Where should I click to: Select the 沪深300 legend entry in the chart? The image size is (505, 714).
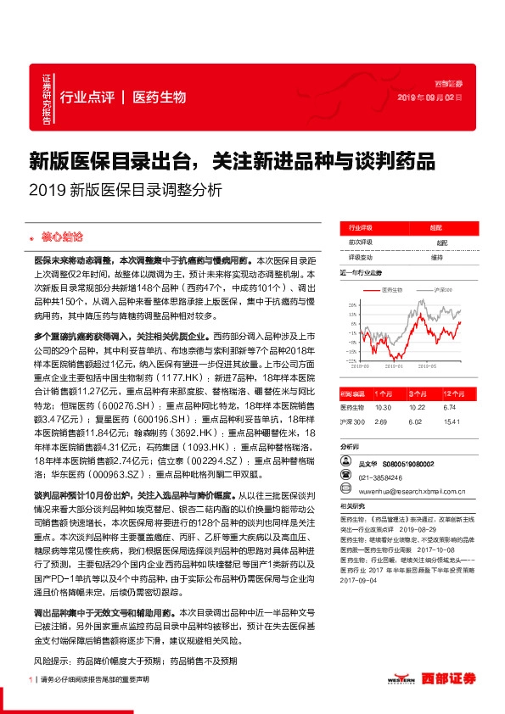coord(442,290)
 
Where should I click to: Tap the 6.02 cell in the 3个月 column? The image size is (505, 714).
coord(414,420)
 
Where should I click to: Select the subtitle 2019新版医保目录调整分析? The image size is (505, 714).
coord(125,191)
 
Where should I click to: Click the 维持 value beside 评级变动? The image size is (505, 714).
coord(436,257)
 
